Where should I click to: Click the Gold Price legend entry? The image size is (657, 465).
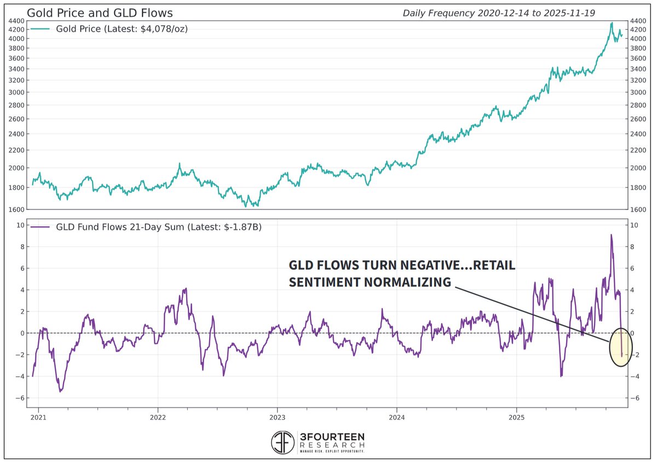click(122, 29)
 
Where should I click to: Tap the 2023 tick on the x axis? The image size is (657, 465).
click(277, 417)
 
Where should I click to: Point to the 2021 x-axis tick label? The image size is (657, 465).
click(38, 417)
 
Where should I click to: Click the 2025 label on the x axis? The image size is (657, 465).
click(516, 417)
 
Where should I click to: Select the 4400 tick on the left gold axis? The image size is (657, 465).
click(15, 21)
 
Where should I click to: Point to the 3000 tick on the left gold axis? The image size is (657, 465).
click(15, 92)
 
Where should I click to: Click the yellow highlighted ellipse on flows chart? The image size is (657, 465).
click(620, 347)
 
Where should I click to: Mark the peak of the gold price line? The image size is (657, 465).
click(612, 23)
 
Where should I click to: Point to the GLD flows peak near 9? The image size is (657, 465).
click(611, 235)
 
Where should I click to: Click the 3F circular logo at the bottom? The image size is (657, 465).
click(283, 443)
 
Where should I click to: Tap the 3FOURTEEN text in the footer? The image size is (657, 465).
click(331, 437)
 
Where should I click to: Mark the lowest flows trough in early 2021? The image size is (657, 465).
click(60, 391)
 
